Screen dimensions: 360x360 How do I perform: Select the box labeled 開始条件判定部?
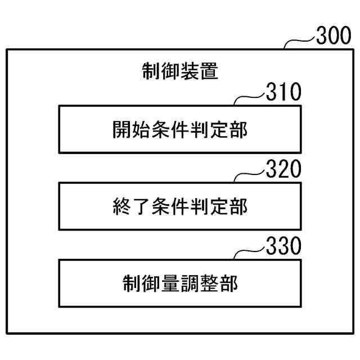point(179,129)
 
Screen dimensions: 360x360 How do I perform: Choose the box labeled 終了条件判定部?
point(179,206)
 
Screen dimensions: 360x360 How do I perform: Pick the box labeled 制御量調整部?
point(179,282)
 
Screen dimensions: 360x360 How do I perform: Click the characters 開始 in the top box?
point(131,130)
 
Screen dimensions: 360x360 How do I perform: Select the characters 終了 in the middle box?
point(131,206)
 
